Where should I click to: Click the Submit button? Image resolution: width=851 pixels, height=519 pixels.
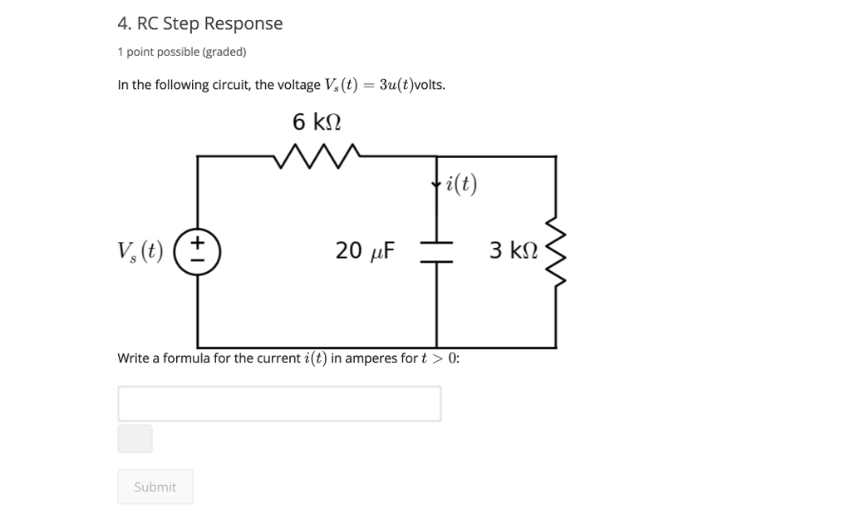tap(155, 487)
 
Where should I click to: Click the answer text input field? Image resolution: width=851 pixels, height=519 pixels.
tap(279, 403)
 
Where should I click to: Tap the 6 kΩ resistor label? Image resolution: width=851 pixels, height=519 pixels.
tap(317, 122)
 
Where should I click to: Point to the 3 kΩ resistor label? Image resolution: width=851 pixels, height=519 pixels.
tap(514, 250)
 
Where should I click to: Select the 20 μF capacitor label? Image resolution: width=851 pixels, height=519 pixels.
tap(366, 250)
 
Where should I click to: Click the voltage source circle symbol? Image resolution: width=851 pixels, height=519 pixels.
tap(198, 250)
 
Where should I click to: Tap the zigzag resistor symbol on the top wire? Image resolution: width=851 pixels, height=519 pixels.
tap(317, 156)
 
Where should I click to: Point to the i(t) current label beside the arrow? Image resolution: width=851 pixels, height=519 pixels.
tap(462, 184)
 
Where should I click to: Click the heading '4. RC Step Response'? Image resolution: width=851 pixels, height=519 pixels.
tap(199, 23)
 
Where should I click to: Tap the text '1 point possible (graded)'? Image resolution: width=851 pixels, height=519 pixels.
tap(181, 52)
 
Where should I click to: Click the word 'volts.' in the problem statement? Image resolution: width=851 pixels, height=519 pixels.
tap(430, 85)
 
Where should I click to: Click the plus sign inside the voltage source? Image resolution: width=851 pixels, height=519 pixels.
tap(198, 241)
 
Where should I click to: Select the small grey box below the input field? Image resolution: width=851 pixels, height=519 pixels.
tap(135, 438)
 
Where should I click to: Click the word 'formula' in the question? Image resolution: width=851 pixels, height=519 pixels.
tap(187, 358)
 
